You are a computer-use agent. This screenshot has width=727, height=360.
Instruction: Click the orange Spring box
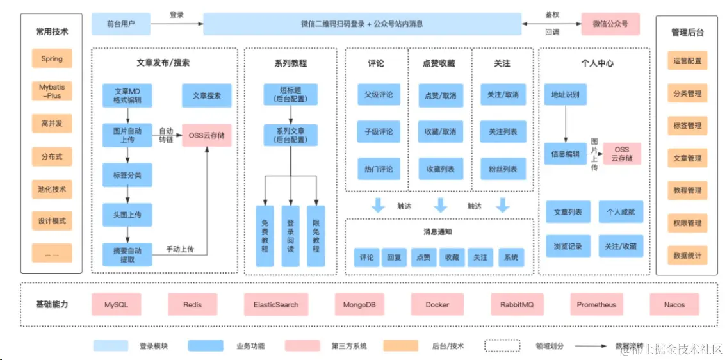point(52,59)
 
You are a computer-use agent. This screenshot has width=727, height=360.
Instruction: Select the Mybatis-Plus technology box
point(52,91)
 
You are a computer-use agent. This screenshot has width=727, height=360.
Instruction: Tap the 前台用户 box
point(121,24)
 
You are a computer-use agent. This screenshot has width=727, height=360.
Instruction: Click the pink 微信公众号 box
point(610,24)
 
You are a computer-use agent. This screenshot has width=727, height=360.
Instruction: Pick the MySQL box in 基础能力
point(116,305)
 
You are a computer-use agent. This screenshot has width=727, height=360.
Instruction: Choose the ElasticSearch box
point(275,305)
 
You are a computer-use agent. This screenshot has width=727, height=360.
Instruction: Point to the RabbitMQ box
point(516,305)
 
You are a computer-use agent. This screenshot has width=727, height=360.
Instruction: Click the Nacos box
point(674,305)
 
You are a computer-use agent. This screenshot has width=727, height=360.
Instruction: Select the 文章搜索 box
point(206,95)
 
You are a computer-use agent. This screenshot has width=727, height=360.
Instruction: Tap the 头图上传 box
point(127,215)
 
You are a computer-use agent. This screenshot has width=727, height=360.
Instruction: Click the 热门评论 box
point(379,169)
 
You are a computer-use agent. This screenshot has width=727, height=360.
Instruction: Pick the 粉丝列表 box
point(503,169)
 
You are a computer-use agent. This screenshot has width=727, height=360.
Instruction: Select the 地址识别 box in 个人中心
point(565,95)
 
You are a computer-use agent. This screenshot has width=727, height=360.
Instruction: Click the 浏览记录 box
point(568,246)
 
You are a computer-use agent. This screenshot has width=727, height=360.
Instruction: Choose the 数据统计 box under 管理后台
point(687,256)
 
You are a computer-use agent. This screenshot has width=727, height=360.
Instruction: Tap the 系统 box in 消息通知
point(511,258)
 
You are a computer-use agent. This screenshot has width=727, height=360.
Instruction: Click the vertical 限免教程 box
point(315,236)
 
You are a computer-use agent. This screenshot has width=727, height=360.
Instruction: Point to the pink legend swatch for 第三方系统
point(302,346)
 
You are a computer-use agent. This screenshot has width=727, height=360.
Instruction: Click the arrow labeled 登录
point(176,24)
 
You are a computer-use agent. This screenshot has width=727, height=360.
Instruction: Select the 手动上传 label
point(180,249)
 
